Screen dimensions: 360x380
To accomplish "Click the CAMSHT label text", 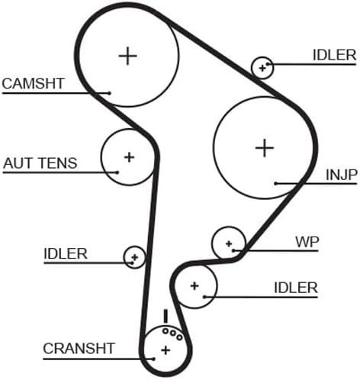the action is pos(33,83).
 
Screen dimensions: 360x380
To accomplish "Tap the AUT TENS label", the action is pos(40,163).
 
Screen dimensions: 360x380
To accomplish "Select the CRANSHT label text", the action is pos(79,349).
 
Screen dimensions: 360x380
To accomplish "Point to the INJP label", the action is pos(342,175).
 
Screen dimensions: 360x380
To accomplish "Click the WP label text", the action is pos(307,242).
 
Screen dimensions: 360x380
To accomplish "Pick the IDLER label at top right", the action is pos(334,56).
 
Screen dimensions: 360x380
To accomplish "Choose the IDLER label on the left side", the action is pos(66,253).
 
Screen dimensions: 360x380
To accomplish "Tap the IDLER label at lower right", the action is pos(296,288).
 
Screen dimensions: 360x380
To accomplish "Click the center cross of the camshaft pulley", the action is pos(128,56).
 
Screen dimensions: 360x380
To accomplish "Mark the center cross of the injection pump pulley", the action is pos(265,148).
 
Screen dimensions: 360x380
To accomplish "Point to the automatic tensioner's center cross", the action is pos(129,157).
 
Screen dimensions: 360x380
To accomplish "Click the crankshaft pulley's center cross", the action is pos(166,350).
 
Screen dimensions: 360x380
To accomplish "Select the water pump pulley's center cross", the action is pos(229,244).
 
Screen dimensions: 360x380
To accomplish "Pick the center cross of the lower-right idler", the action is pos(194,286).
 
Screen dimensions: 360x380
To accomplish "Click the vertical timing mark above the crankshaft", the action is pos(166,316).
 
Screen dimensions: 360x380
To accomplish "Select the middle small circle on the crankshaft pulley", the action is pos(173,333).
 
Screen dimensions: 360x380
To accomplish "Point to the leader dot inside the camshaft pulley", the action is pos(109,93).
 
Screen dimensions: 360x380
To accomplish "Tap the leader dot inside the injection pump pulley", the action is pos(276,183).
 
